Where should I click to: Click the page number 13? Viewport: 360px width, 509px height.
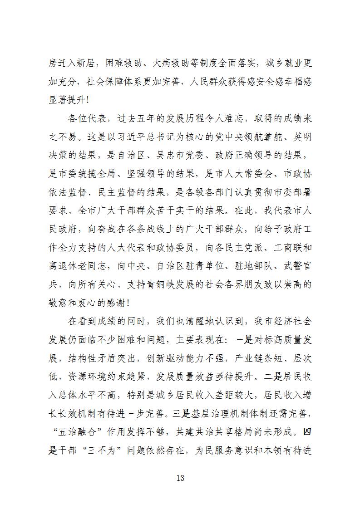point(180,478)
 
